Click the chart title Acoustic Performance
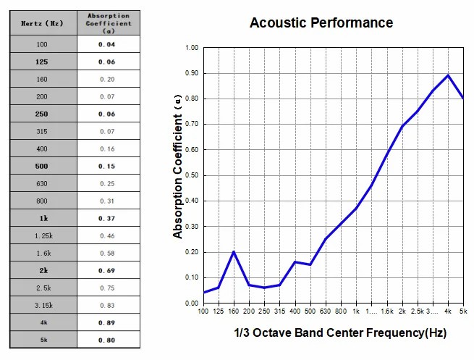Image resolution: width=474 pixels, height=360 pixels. pyautogui.click(x=321, y=22)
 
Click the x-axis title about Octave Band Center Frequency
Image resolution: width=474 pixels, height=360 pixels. pyautogui.click(x=339, y=333)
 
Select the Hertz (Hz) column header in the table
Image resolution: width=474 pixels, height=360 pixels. pyautogui.click(x=43, y=23)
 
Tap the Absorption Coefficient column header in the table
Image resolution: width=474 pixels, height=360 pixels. pyautogui.click(x=108, y=23)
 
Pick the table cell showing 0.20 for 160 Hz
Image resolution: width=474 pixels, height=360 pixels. pyautogui.click(x=108, y=79)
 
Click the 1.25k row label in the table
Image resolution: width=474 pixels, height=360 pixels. pyautogui.click(x=43, y=236)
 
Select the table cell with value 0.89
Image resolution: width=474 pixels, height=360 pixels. pyautogui.click(x=108, y=322)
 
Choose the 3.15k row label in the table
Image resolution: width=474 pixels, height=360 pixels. pyautogui.click(x=43, y=305)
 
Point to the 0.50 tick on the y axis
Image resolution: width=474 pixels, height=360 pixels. pyautogui.click(x=191, y=175)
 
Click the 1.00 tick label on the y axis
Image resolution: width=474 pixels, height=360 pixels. pyautogui.click(x=191, y=48)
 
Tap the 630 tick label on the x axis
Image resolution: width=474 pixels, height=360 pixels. pyautogui.click(x=325, y=311)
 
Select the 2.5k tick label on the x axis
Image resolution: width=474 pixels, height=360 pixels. pyautogui.click(x=418, y=311)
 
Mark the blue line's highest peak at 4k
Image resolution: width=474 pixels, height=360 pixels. pyautogui.click(x=448, y=75)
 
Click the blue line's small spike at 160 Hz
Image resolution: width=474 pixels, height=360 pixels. pyautogui.click(x=233, y=251)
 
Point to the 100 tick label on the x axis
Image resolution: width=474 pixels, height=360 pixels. pyautogui.click(x=204, y=311)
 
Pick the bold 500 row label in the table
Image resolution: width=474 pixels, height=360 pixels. pyautogui.click(x=43, y=166)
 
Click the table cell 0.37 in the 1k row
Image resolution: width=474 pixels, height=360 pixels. pyautogui.click(x=108, y=218)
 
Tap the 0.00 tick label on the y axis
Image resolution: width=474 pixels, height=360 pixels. pyautogui.click(x=191, y=303)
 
